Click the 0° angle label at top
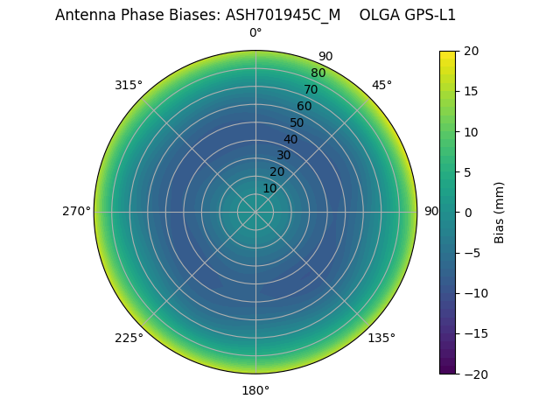[255, 33]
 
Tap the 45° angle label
[381, 85]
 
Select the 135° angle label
[381, 338]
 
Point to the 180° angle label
[255, 390]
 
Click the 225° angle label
[129, 338]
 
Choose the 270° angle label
[76, 212]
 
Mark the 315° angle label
[129, 85]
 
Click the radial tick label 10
[269, 189]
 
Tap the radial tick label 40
[290, 139]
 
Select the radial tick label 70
[311, 89]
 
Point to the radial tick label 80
[318, 73]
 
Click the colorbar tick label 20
[470, 52]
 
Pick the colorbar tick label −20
[473, 374]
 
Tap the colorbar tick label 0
[467, 213]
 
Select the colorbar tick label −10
[473, 293]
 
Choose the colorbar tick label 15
[470, 92]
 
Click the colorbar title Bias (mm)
[500, 213]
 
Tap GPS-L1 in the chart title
[428, 15]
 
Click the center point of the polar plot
[255, 212]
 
